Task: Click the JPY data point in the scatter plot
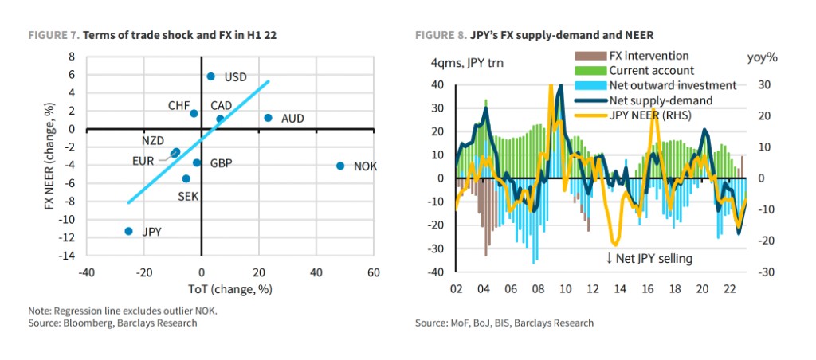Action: coord(128,231)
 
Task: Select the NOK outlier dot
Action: coord(340,166)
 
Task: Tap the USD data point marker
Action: coord(211,76)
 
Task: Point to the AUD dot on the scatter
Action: coord(269,118)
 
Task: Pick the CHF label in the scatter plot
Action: coord(178,105)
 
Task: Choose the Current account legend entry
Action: coord(646,71)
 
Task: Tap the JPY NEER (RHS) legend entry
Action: coord(649,115)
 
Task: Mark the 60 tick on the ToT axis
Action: coord(373,272)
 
